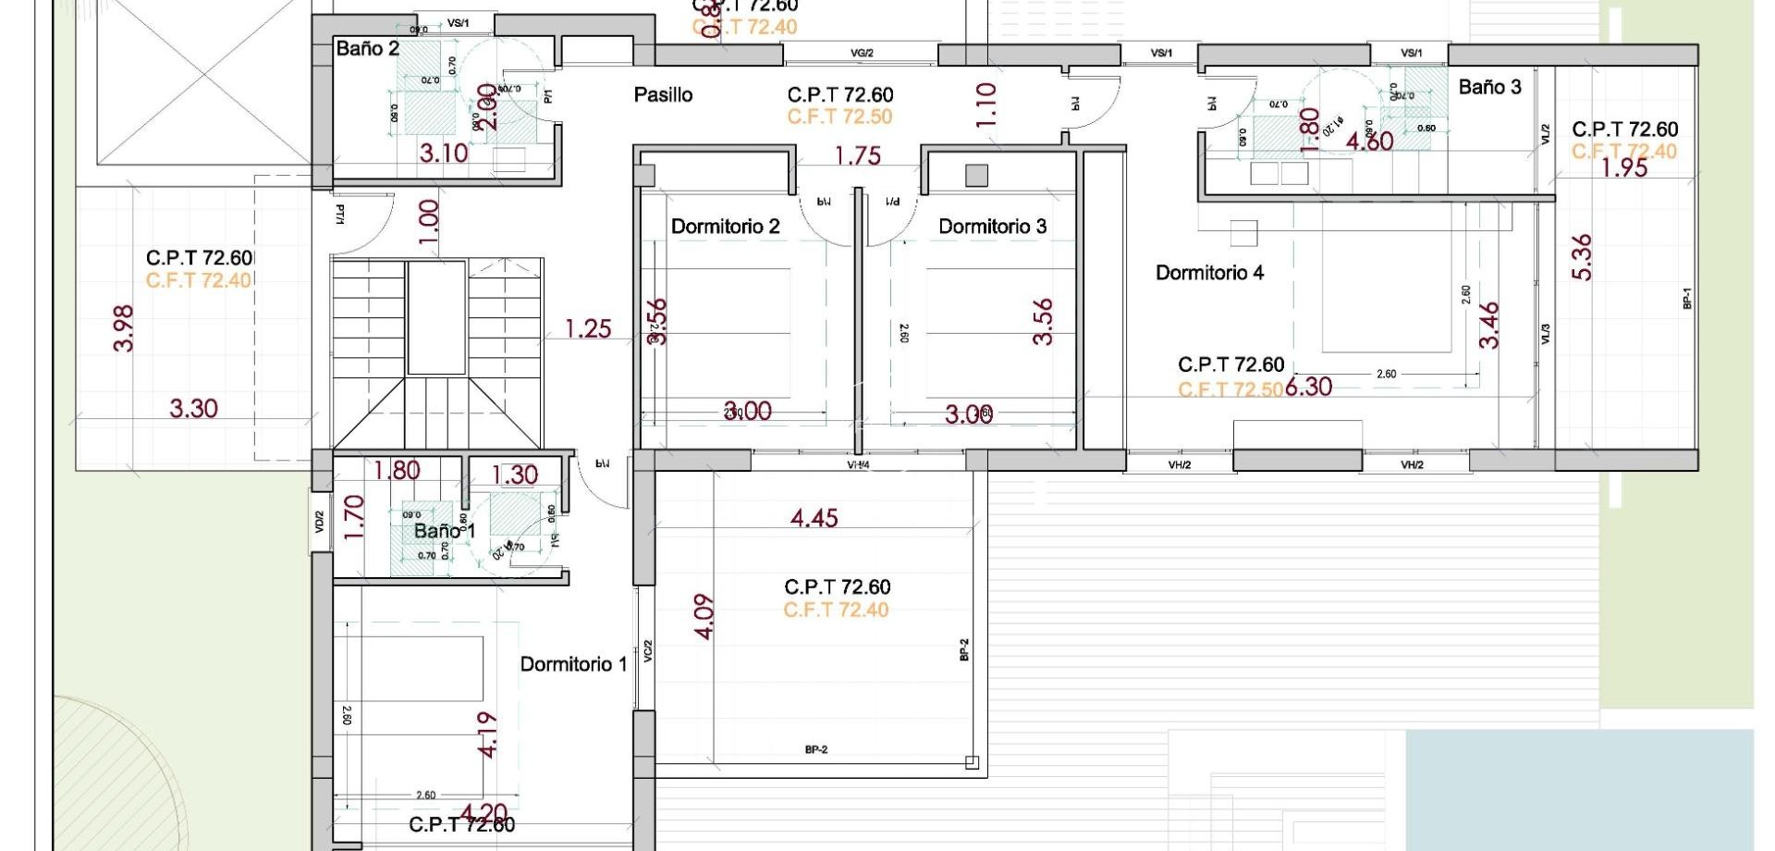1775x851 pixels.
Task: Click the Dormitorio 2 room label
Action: click(725, 227)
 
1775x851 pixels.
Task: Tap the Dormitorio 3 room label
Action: click(992, 227)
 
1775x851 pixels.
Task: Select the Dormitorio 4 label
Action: click(1209, 273)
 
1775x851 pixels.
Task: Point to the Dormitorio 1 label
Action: click(573, 664)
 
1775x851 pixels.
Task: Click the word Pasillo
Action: click(663, 94)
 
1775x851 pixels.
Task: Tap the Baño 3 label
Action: click(1489, 87)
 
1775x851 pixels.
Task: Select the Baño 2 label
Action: click(367, 48)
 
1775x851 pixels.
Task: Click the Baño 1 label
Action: click(444, 531)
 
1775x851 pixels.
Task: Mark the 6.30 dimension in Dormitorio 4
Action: click(1308, 387)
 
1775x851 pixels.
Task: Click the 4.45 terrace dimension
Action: click(814, 518)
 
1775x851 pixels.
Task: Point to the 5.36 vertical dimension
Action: click(1582, 257)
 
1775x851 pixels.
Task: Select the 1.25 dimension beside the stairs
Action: click(588, 328)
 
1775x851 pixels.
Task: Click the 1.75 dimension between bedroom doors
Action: click(857, 156)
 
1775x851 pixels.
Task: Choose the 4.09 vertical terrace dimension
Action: click(704, 617)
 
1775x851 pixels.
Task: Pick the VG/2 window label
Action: click(861, 54)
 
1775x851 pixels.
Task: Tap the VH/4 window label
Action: click(860, 465)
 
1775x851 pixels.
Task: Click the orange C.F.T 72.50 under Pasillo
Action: click(839, 117)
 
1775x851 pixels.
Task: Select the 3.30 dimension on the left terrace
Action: click(193, 408)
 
